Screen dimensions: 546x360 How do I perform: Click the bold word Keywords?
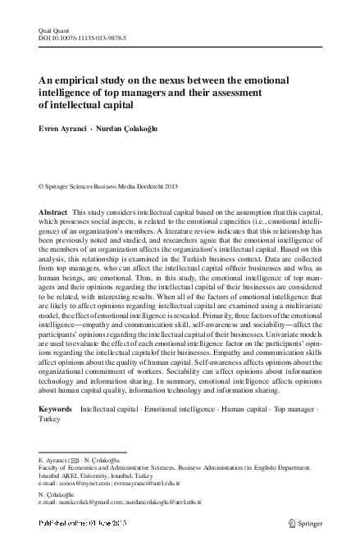tap(56, 407)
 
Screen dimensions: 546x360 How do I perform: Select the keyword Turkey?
tap(49, 418)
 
